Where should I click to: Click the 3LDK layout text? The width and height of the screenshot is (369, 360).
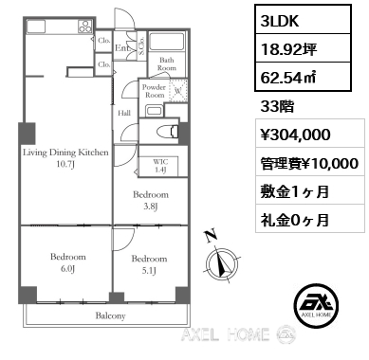coord(282,18)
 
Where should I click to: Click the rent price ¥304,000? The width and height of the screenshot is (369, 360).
coord(294,135)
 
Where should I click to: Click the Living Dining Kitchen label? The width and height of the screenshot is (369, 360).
coord(66,158)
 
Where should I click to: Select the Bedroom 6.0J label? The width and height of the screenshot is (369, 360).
coord(68,262)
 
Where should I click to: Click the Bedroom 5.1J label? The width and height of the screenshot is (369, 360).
coord(149,263)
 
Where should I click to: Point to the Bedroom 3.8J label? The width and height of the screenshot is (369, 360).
coord(149,201)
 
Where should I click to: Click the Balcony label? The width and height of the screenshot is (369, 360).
coord(111,315)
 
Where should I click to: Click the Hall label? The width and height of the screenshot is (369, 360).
coord(123,112)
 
